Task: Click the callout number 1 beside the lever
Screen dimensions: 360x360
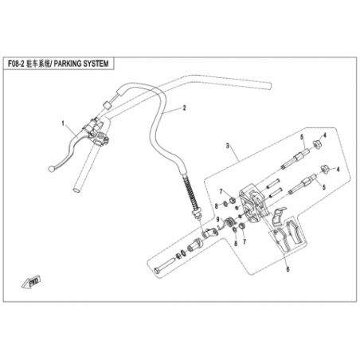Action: coord(63,123)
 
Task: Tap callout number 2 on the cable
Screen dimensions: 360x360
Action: coord(184,108)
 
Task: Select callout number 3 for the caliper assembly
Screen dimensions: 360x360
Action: coord(228,146)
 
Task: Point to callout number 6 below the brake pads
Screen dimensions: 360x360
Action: coord(288,269)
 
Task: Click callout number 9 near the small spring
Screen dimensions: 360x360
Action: coord(218,219)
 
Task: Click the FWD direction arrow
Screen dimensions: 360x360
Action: coord(31,282)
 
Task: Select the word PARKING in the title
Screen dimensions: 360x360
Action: coord(68,64)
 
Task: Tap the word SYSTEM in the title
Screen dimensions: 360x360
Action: coord(96,64)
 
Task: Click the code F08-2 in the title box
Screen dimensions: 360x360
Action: coord(16,64)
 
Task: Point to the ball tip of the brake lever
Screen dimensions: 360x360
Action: coord(51,169)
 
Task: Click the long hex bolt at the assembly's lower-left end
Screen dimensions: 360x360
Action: coord(164,265)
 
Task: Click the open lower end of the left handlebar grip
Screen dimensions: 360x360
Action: coord(76,190)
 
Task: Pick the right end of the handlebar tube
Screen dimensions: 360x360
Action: coord(270,85)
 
